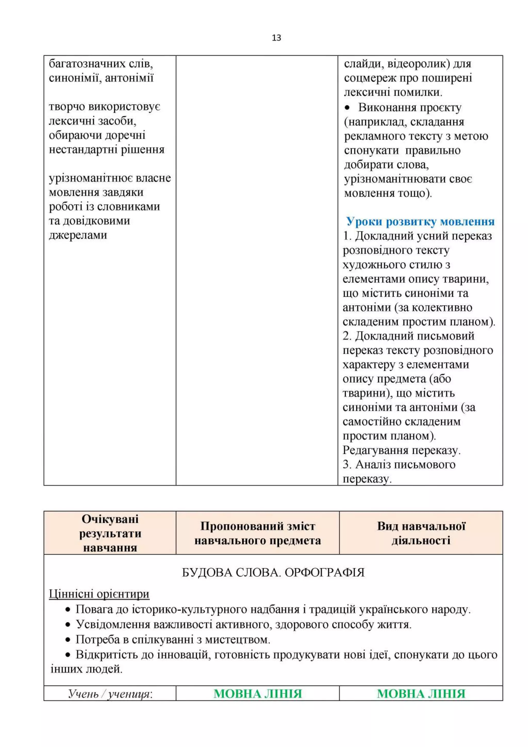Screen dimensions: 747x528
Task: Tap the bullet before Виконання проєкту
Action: (347, 108)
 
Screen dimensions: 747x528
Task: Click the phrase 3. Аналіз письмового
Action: (399, 465)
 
